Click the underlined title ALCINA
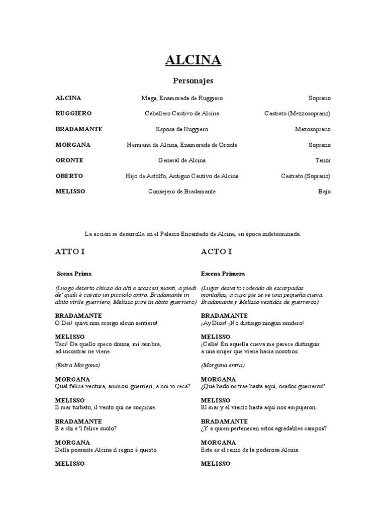193,60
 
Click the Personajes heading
193,80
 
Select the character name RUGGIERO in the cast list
73,114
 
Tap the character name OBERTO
69,176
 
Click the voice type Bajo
324,192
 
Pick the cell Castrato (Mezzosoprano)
298,114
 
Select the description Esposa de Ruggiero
182,129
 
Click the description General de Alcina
182,160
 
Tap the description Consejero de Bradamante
182,192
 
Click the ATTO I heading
70,251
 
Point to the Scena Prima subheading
74,274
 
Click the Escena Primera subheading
223,274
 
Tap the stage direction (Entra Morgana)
77,365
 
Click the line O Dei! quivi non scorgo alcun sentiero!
107,323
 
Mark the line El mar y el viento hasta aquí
259,407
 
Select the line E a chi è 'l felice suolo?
86,428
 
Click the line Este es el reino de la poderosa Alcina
250,450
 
